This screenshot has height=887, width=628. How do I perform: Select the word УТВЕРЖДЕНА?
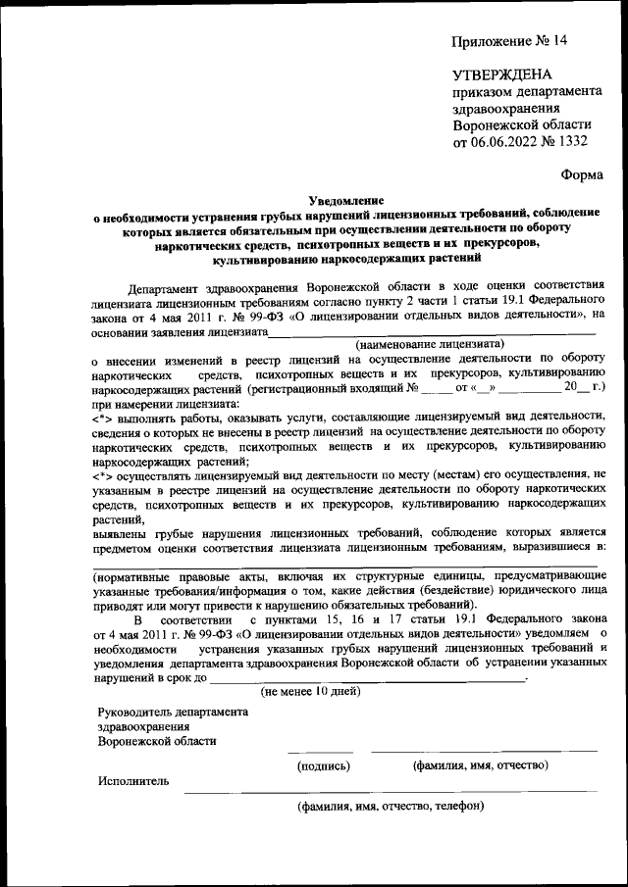click(501, 74)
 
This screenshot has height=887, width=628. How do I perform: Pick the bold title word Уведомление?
click(346, 197)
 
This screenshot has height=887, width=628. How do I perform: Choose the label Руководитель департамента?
click(173, 712)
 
